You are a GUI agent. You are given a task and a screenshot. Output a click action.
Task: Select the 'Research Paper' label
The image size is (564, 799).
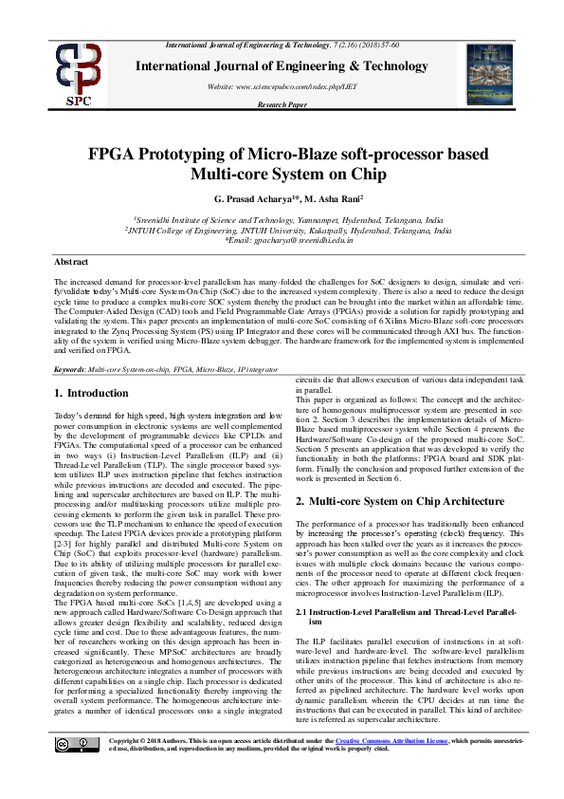click(x=282, y=104)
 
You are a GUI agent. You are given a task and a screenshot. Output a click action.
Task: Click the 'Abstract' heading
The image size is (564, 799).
click(x=71, y=261)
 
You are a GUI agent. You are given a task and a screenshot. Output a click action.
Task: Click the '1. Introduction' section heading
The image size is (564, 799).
click(x=91, y=393)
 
